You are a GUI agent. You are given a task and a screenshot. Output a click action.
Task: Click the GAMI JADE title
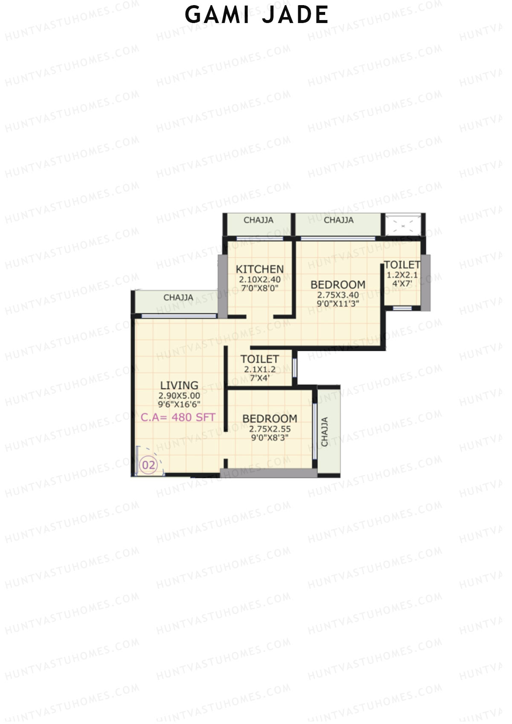(x=256, y=15)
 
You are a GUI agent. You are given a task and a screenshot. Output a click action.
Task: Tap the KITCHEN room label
(x=259, y=269)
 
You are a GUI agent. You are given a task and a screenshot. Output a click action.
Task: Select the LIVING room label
(x=179, y=385)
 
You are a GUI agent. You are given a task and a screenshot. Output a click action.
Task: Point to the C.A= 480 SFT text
(x=178, y=417)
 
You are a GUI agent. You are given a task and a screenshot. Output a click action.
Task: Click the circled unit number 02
(x=148, y=465)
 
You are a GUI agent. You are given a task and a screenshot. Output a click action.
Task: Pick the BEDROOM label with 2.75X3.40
(x=338, y=285)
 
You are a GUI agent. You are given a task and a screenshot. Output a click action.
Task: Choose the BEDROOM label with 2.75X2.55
(x=270, y=419)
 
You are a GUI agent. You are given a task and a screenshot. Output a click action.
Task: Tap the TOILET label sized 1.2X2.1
(x=402, y=265)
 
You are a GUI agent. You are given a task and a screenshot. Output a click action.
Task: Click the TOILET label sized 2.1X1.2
(x=259, y=359)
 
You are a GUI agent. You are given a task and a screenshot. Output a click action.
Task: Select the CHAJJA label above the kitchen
(x=259, y=220)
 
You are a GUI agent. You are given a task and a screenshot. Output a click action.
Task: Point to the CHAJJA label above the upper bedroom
(x=338, y=220)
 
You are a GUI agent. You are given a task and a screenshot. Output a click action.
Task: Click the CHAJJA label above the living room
(x=178, y=297)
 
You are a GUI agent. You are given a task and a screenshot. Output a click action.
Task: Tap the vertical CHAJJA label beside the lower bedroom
(x=325, y=432)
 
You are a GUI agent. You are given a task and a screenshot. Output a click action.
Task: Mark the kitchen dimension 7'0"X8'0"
(x=259, y=288)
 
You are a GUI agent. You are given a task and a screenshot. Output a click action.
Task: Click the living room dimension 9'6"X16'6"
(x=179, y=404)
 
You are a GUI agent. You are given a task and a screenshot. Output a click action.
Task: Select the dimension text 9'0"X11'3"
(x=338, y=303)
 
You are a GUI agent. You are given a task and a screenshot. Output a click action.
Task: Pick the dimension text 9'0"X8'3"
(x=270, y=437)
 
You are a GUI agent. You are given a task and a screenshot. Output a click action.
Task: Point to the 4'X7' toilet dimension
(x=402, y=282)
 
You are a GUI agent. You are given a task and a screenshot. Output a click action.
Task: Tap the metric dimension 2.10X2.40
(x=259, y=279)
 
